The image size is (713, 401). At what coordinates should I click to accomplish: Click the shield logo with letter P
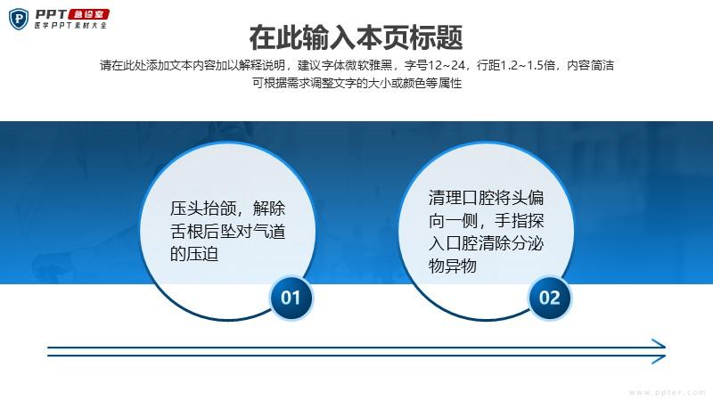tap(19, 19)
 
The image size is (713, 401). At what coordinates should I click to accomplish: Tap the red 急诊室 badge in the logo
tap(88, 14)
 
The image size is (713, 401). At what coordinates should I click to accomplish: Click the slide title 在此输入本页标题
tap(356, 37)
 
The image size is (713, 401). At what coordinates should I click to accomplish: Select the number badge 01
tap(291, 298)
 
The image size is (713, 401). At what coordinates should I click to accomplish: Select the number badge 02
tap(550, 298)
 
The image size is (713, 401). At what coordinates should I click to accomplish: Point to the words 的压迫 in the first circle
tap(194, 254)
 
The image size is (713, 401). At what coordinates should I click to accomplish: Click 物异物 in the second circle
tap(453, 266)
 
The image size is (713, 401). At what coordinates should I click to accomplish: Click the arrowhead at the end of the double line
tap(659, 351)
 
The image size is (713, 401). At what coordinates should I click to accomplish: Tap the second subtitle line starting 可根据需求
tap(357, 83)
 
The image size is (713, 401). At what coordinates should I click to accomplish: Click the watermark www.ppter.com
tap(668, 392)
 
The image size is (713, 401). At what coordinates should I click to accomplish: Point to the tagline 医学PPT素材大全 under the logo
tap(70, 26)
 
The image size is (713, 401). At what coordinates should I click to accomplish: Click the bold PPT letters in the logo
tap(51, 14)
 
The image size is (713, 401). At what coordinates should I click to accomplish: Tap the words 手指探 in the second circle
tap(520, 220)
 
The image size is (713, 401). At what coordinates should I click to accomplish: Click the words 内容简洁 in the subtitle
tap(590, 65)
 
